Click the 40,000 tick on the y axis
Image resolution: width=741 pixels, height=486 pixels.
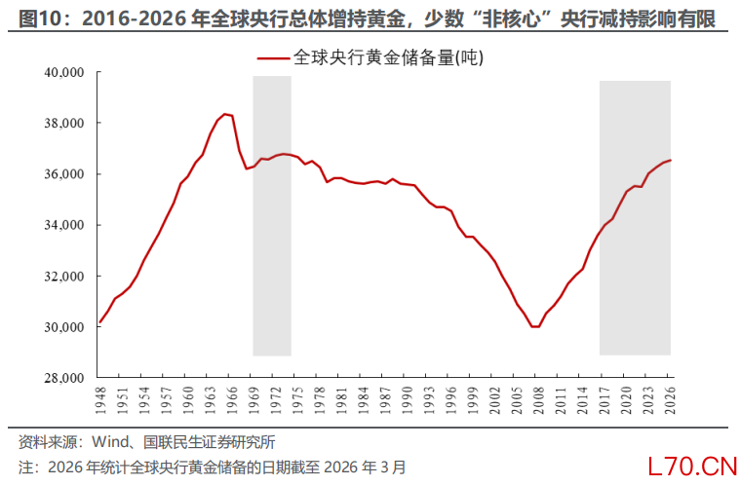(x=63, y=72)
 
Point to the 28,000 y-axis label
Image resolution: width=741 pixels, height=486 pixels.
(x=63, y=378)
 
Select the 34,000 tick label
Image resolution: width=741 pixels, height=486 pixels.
(x=63, y=225)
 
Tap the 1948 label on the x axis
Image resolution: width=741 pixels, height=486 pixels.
(x=100, y=399)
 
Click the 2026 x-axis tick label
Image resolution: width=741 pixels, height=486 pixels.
(x=671, y=399)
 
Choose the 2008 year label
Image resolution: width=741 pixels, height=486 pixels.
(x=539, y=399)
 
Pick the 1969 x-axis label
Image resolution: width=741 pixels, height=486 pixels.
(x=253, y=399)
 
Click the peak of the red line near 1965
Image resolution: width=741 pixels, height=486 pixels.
(x=225, y=114)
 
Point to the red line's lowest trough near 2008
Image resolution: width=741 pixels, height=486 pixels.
(x=534, y=326)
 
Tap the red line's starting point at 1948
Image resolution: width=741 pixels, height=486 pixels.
(x=100, y=321)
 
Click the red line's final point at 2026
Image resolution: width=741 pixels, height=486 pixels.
(x=671, y=161)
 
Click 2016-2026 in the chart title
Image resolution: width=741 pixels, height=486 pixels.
(x=123, y=19)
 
